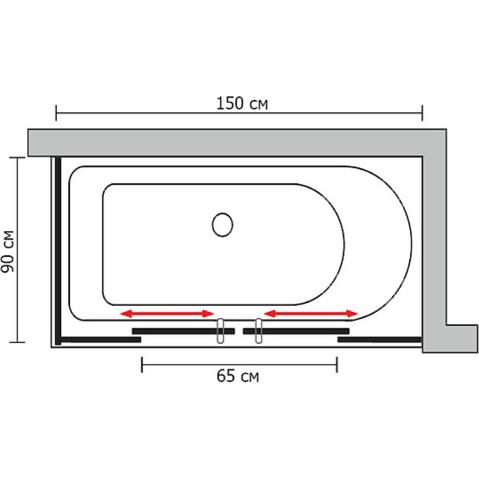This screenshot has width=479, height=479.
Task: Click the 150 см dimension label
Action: [242, 104]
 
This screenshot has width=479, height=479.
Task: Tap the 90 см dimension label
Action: [8, 251]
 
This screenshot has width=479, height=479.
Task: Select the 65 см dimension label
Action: [238, 376]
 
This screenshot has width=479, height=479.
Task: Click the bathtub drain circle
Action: [222, 225]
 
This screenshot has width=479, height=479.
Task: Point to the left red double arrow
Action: [167, 313]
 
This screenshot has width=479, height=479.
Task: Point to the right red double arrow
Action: [311, 313]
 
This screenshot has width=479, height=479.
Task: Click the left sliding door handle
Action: [220, 331]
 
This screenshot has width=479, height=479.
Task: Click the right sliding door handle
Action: [259, 331]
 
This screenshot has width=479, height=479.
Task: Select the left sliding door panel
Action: [183, 331]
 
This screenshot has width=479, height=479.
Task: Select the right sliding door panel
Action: [296, 331]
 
